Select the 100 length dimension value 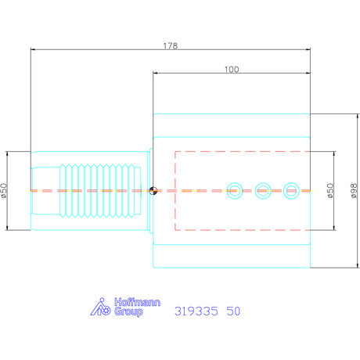point(231,70)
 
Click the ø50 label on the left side point(5,190)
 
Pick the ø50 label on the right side point(331,190)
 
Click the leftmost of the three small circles point(234,189)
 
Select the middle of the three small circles point(263,189)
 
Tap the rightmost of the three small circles point(292,189)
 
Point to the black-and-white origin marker point(153,189)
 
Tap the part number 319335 point(194,311)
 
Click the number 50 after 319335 point(233,311)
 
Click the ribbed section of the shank point(102,190)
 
